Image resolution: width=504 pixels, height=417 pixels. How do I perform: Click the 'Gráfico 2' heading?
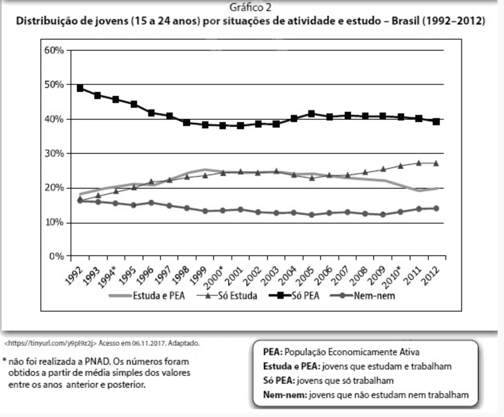point(251,7)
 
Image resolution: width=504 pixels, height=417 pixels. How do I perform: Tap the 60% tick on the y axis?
point(54,50)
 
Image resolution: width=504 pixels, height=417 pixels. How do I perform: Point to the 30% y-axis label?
point(54,154)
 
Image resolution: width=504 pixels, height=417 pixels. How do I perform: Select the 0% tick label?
point(56,256)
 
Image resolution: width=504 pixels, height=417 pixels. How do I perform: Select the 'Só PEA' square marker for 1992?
point(80,88)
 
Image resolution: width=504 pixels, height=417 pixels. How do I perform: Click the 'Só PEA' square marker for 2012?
point(436,121)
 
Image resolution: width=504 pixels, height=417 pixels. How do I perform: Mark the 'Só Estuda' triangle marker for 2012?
point(436,163)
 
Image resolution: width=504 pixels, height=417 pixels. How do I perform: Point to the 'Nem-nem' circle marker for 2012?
point(436,208)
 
